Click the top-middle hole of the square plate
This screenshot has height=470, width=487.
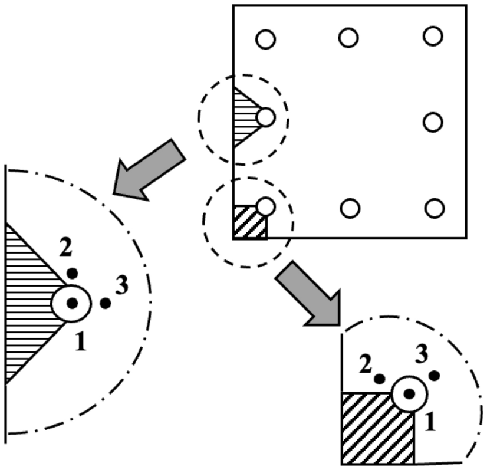tap(348, 38)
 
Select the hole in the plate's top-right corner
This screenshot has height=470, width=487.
tap(433, 37)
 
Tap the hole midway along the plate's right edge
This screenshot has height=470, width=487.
tap(433, 122)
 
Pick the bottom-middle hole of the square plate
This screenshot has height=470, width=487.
tap(350, 208)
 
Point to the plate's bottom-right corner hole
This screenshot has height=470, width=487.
tap(434, 208)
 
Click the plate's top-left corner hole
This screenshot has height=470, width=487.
tap(265, 40)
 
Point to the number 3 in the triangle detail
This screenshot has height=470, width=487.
tap(122, 286)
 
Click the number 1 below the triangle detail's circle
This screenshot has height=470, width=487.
tap(81, 341)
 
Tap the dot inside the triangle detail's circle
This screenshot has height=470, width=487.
tap(72, 303)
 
